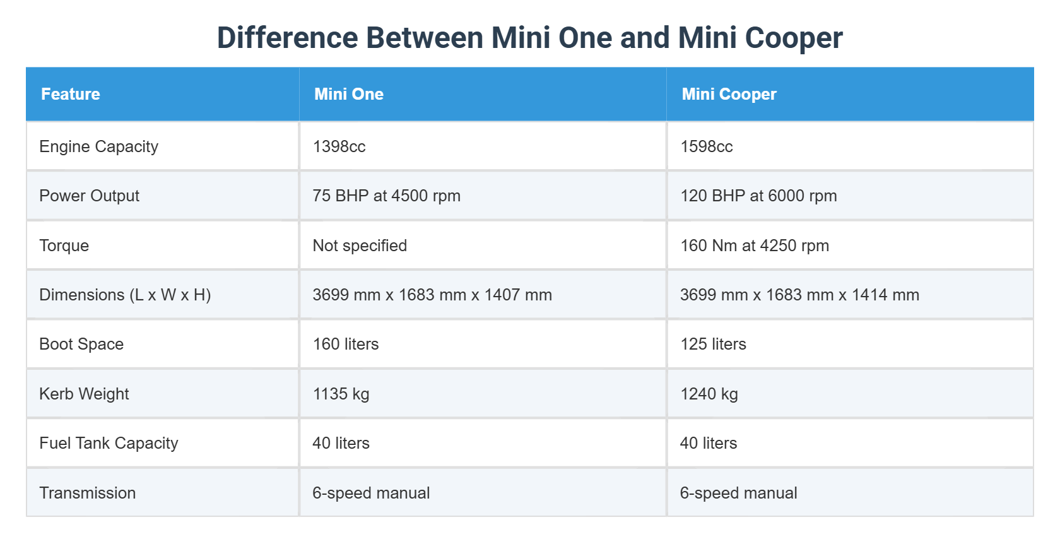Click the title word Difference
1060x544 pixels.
click(287, 38)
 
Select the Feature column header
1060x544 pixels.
click(71, 94)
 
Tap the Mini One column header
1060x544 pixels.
click(349, 94)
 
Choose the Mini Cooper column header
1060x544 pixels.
click(729, 94)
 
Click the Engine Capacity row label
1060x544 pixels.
click(98, 146)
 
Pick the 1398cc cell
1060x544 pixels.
click(339, 146)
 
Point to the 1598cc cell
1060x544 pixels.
click(707, 146)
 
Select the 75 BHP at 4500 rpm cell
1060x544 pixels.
click(386, 196)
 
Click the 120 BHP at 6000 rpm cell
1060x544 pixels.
click(758, 196)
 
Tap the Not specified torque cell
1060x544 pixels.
click(360, 245)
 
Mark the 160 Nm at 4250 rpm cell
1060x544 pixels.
click(755, 245)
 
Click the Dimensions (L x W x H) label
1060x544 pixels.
click(125, 295)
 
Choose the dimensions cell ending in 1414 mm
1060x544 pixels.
click(799, 295)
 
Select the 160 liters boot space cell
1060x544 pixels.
click(346, 344)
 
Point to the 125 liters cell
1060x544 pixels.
click(713, 344)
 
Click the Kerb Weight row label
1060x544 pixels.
click(84, 394)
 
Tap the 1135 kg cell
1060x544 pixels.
click(341, 394)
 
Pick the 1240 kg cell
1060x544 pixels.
click(709, 394)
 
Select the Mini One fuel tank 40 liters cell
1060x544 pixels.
click(341, 443)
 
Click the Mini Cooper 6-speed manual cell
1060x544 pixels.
click(738, 493)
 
